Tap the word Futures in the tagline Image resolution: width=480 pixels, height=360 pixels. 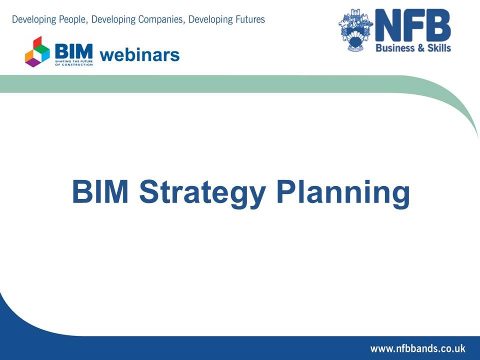pos(246,20)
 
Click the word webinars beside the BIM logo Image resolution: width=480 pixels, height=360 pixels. pos(139,54)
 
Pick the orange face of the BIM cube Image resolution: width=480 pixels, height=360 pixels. pos(29,54)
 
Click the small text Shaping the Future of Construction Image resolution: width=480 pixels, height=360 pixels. pos(73,62)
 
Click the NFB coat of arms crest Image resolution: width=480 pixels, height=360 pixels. pos(356,29)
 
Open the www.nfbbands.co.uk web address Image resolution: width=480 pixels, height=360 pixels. pos(417,348)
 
